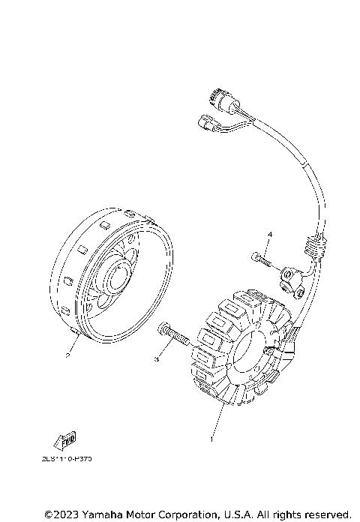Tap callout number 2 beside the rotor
point(68,356)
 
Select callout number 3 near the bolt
point(157,361)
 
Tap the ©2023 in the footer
point(59,514)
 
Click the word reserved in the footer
point(326,514)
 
